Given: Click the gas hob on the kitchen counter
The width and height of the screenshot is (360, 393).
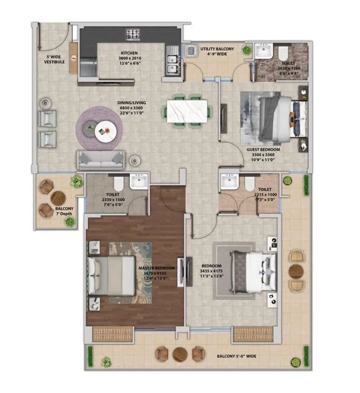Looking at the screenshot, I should pyautogui.click(x=133, y=34).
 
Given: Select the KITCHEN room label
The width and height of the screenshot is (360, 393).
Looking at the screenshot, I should pyautogui.click(x=129, y=53).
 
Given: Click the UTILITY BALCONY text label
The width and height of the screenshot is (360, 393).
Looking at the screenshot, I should pyautogui.click(x=217, y=49).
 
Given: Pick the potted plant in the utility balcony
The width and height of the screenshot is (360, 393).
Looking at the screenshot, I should pyautogui.click(x=246, y=50).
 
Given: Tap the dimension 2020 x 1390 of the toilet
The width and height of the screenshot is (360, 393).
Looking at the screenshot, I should pyautogui.click(x=288, y=68).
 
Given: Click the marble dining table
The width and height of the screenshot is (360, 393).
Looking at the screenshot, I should pyautogui.click(x=187, y=111).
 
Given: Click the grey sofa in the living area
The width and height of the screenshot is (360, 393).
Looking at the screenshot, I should pyautogui.click(x=101, y=160).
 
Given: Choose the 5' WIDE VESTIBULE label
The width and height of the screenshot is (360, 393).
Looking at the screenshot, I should pyautogui.click(x=54, y=59).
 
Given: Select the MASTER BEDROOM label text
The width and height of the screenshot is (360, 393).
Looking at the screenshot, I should pyautogui.click(x=157, y=268).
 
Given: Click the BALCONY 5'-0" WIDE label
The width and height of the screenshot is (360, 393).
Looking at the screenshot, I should pyautogui.click(x=236, y=356).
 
